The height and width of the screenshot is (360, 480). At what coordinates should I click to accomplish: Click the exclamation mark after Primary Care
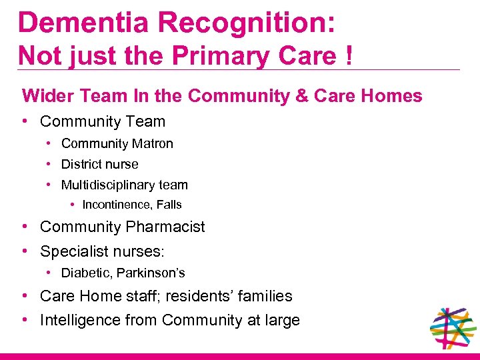coord(349,55)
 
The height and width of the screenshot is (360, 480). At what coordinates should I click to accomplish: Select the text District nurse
coord(100,164)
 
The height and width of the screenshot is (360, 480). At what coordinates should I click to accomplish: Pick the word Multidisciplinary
coord(104,185)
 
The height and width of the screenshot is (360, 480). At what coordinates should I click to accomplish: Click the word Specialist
coord(73,252)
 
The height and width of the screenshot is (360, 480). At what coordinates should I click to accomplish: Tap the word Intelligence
coord(79,321)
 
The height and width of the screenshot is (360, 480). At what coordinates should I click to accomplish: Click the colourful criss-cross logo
coord(453,328)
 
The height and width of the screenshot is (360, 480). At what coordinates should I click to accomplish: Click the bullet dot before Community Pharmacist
coord(24,227)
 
